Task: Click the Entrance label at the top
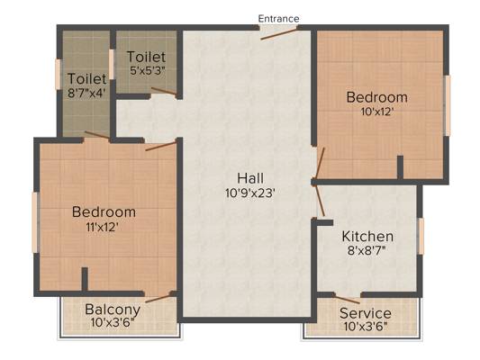(x=278, y=19)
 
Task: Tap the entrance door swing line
(x=278, y=33)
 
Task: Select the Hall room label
(x=250, y=178)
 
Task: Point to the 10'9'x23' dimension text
(x=250, y=193)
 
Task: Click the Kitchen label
(x=367, y=237)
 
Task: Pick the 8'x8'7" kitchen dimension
(x=367, y=250)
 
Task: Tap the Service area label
(x=366, y=313)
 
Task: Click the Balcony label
(x=113, y=310)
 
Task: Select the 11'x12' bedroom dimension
(x=103, y=228)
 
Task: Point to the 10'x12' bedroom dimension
(x=376, y=112)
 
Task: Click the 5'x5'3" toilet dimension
(x=148, y=71)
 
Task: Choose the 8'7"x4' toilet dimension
(x=86, y=93)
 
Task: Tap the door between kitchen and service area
(x=346, y=299)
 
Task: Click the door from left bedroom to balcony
(x=158, y=298)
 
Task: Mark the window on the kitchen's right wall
(x=421, y=236)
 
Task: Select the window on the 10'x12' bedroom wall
(x=448, y=105)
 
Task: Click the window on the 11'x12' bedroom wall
(x=36, y=222)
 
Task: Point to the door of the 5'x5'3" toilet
(x=164, y=91)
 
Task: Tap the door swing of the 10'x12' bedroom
(x=320, y=163)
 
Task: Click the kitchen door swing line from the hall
(x=320, y=201)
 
